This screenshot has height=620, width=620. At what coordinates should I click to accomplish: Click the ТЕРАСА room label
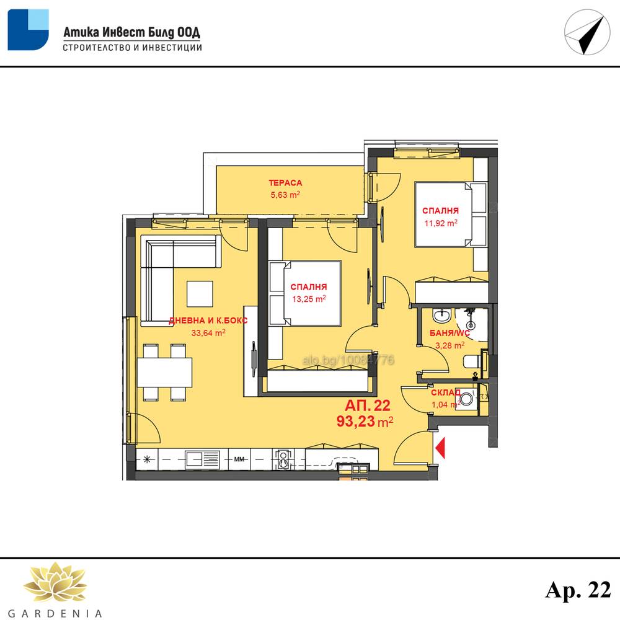coord(285,183)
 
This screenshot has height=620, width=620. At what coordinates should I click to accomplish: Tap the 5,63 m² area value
coord(285,195)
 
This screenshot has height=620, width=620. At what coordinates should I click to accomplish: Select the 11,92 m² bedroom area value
coord(441,223)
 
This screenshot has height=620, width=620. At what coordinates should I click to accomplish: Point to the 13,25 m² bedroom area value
coord(309,299)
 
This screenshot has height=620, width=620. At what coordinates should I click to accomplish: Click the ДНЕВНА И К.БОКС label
coord(208,321)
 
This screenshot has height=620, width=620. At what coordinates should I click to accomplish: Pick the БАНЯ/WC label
coord(449,334)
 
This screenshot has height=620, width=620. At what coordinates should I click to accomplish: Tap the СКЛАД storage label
coord(446,392)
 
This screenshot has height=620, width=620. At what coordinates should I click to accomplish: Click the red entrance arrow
coord(440,448)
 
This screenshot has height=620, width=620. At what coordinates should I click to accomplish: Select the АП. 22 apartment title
coord(367,405)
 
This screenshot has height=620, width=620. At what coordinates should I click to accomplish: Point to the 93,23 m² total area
coord(365,422)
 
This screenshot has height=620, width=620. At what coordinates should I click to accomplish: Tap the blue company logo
coord(28,30)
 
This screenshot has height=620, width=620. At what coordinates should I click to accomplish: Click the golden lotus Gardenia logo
coord(55,582)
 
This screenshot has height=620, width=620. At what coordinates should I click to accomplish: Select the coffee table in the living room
coord(200,294)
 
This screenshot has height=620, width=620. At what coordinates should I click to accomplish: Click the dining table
coord(164,372)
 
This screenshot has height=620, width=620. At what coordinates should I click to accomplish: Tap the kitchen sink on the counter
coord(202,459)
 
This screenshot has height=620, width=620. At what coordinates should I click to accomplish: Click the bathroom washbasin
coord(441,316)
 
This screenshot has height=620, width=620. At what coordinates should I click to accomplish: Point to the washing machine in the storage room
coord(467,399)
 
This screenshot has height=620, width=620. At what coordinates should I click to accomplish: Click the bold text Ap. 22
coord(578,590)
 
